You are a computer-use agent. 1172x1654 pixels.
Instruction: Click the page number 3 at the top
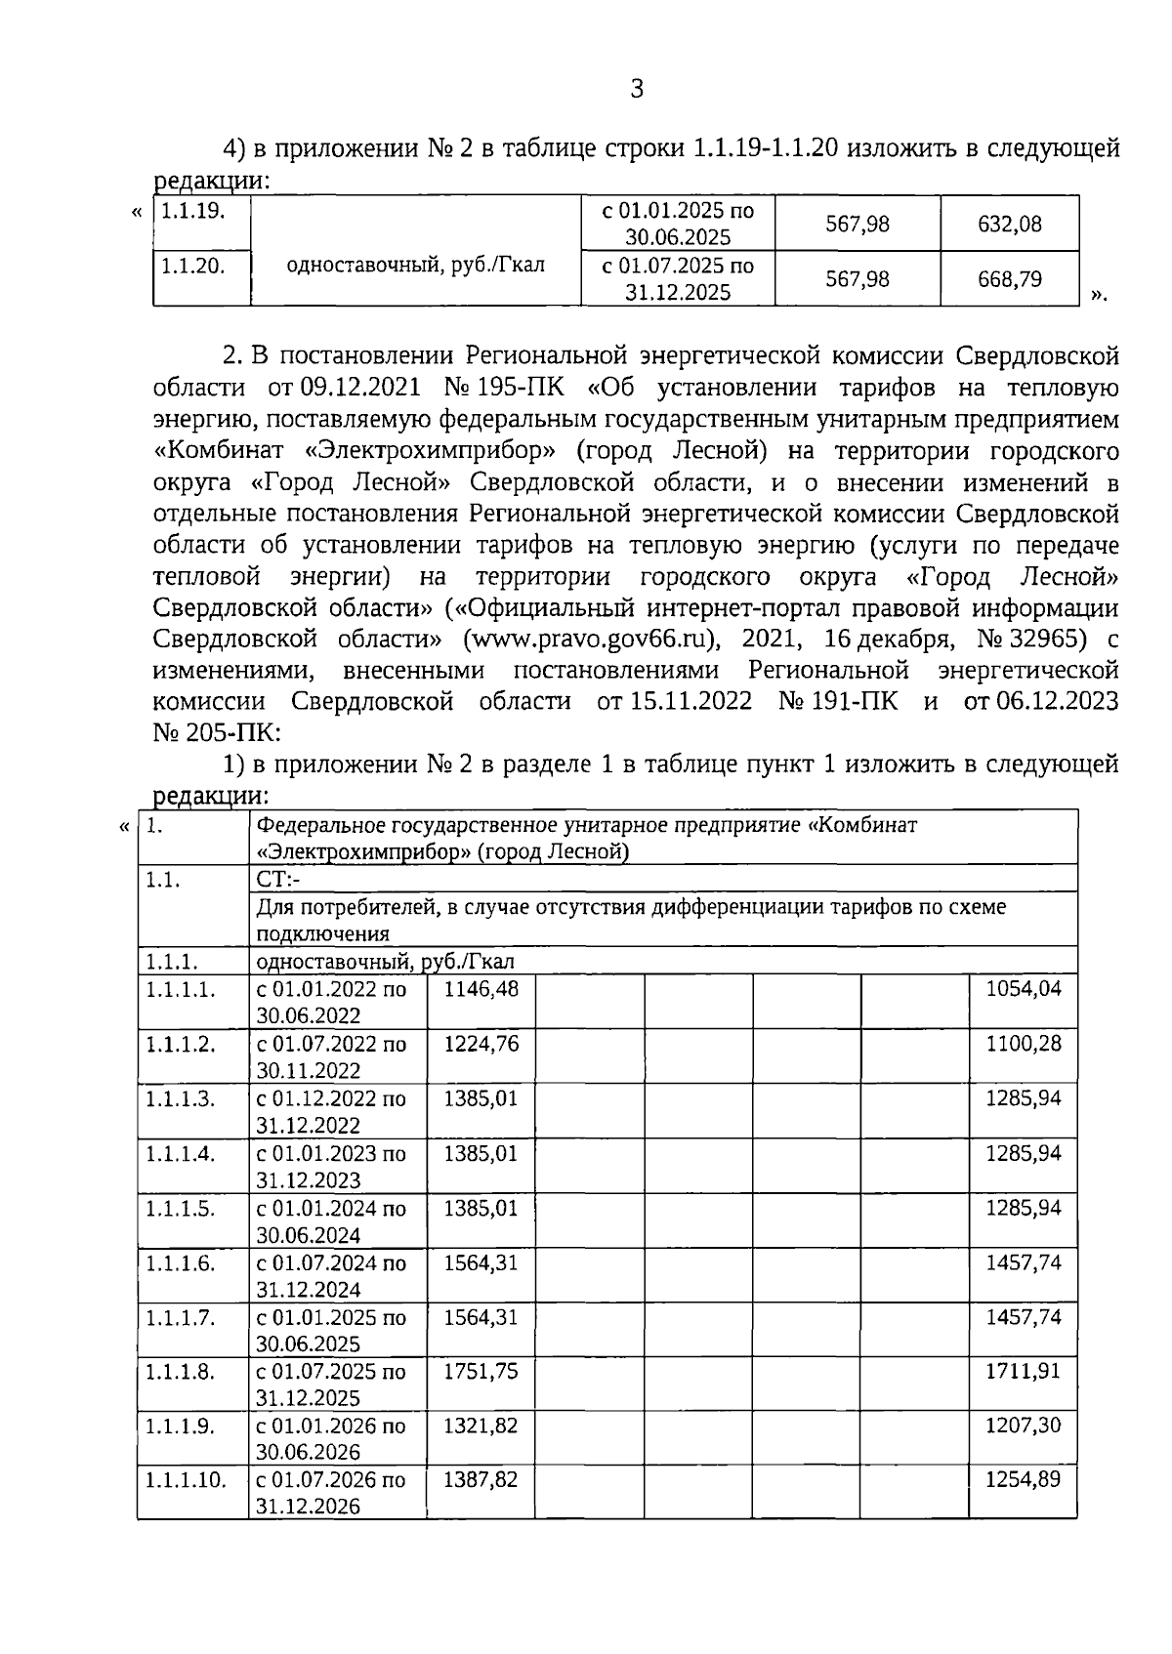[x=636, y=90]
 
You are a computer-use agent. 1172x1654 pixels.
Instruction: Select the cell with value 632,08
[x=1010, y=224]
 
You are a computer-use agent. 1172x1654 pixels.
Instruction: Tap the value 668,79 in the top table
[x=1010, y=279]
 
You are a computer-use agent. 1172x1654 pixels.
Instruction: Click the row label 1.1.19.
[x=192, y=211]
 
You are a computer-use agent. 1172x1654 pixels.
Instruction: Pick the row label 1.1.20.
[x=192, y=266]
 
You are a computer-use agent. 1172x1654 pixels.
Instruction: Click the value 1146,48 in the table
[x=481, y=989]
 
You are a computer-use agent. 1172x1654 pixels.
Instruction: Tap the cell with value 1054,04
[x=1023, y=989]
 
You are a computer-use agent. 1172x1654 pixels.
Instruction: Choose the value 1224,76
[x=481, y=1044]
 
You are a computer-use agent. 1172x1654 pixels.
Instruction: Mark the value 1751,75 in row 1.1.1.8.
[x=481, y=1371]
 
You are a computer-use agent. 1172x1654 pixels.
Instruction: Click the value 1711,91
[x=1023, y=1371]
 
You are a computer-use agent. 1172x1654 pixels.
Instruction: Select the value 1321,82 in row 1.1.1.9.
[x=481, y=1426]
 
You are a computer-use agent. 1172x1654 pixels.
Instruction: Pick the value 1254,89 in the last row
[x=1023, y=1479]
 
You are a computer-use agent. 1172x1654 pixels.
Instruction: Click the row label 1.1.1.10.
[x=186, y=1480]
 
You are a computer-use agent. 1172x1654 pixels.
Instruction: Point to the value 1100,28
[x=1023, y=1044]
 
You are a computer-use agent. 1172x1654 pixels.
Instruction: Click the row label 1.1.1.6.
[x=180, y=1262]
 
